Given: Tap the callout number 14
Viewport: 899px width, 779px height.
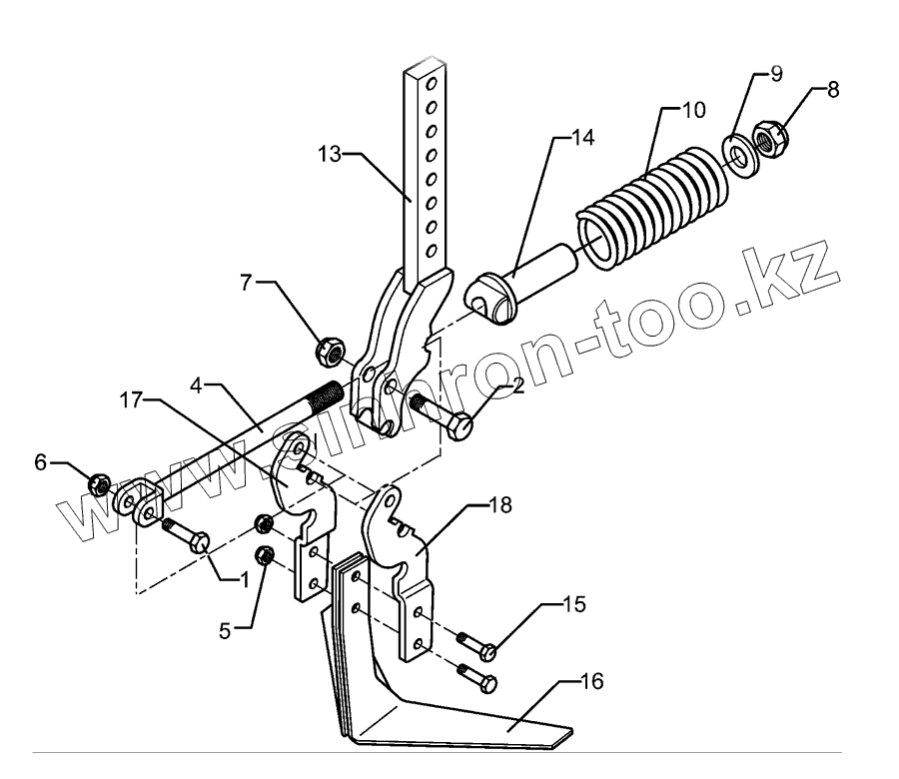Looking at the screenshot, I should pyautogui.click(x=581, y=138).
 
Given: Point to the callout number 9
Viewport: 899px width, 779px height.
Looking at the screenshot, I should pyautogui.click(x=775, y=75).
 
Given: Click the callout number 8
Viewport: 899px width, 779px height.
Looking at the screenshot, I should pyautogui.click(x=831, y=89).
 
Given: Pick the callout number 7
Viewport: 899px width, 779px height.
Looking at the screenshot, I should pyautogui.click(x=246, y=283).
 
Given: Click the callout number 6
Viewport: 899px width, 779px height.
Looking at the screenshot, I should pyautogui.click(x=41, y=461).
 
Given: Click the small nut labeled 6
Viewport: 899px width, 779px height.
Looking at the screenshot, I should pyautogui.click(x=100, y=484).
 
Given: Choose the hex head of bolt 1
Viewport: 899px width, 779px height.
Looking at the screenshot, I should pyautogui.click(x=199, y=541).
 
